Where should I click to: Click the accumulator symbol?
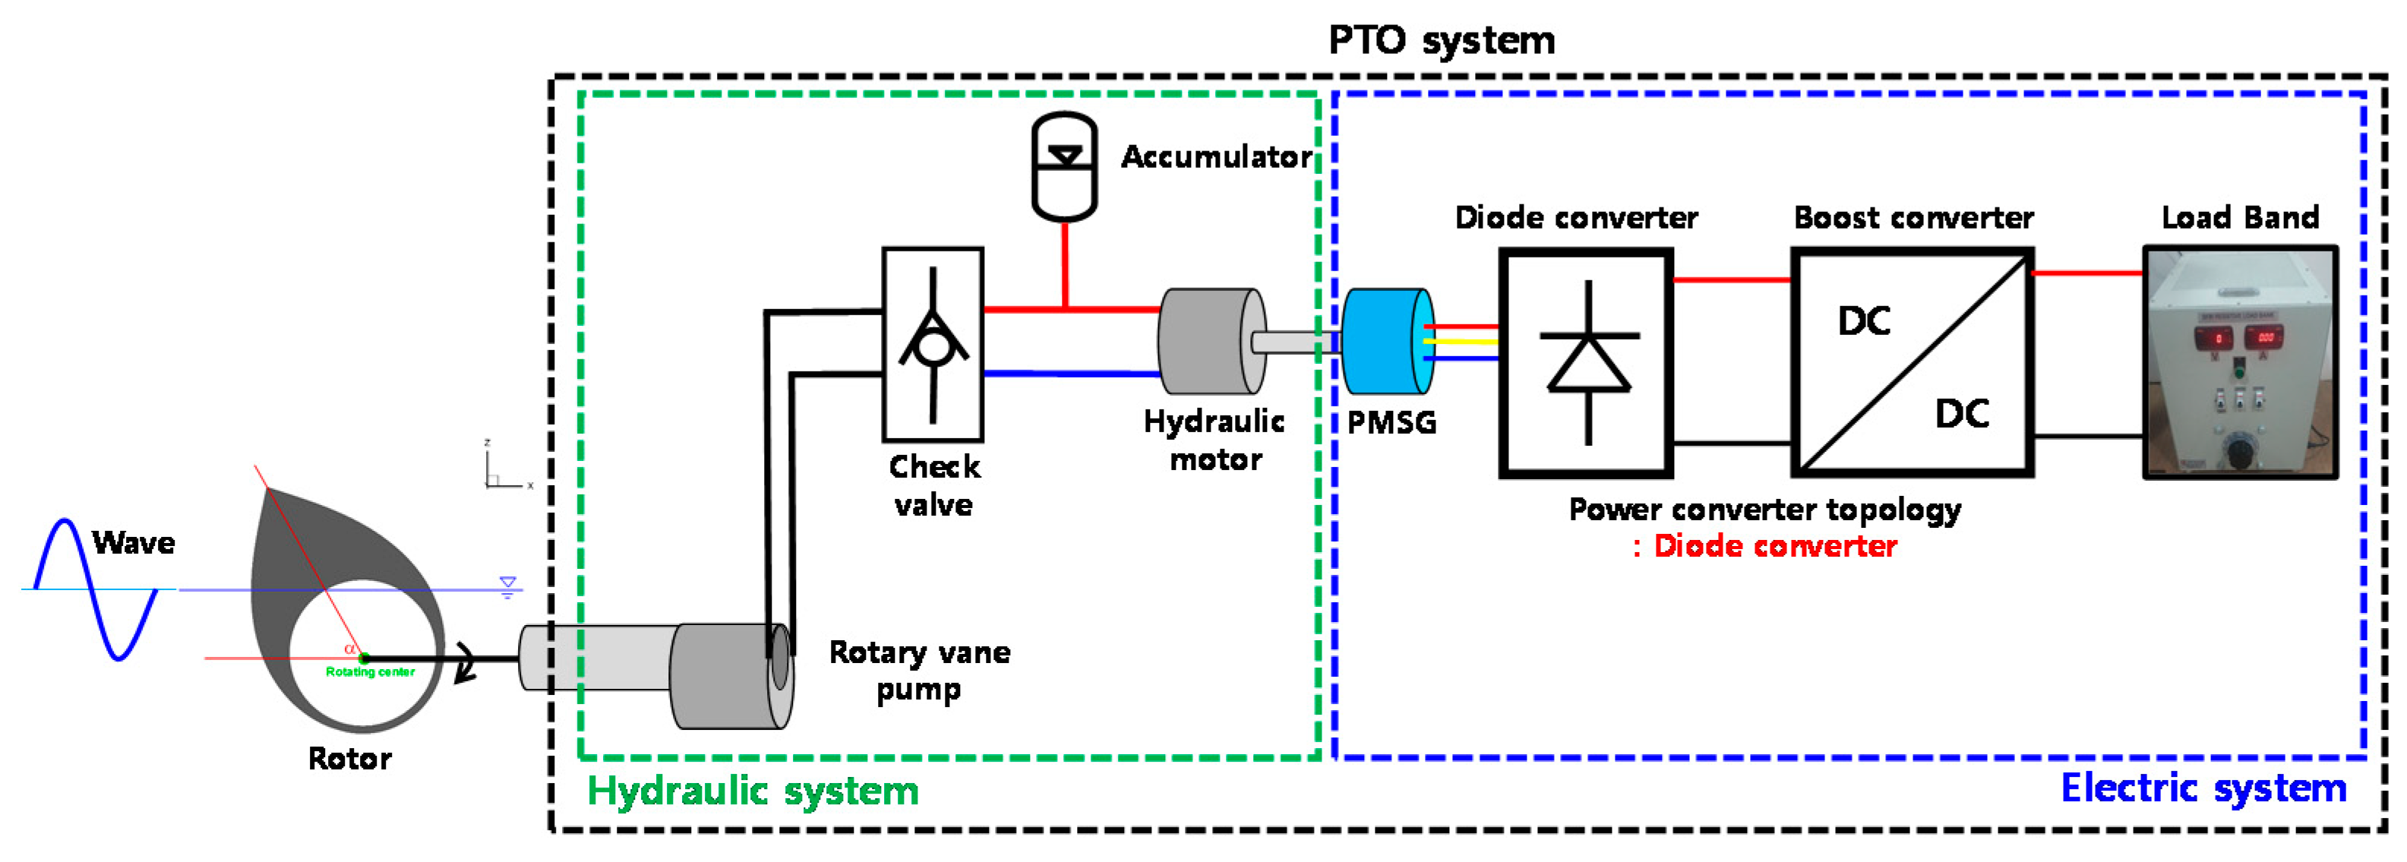(1064, 167)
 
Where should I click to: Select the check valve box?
(933, 344)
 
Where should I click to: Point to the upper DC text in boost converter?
(1863, 321)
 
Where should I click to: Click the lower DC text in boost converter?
(1961, 414)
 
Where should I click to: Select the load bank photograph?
(2240, 362)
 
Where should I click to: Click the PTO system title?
(1441, 40)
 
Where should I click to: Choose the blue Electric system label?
(2203, 788)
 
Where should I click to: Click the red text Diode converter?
(1774, 546)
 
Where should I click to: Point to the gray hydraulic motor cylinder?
(1205, 341)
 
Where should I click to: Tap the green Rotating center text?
(370, 671)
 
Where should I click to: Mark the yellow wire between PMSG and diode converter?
(1461, 342)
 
